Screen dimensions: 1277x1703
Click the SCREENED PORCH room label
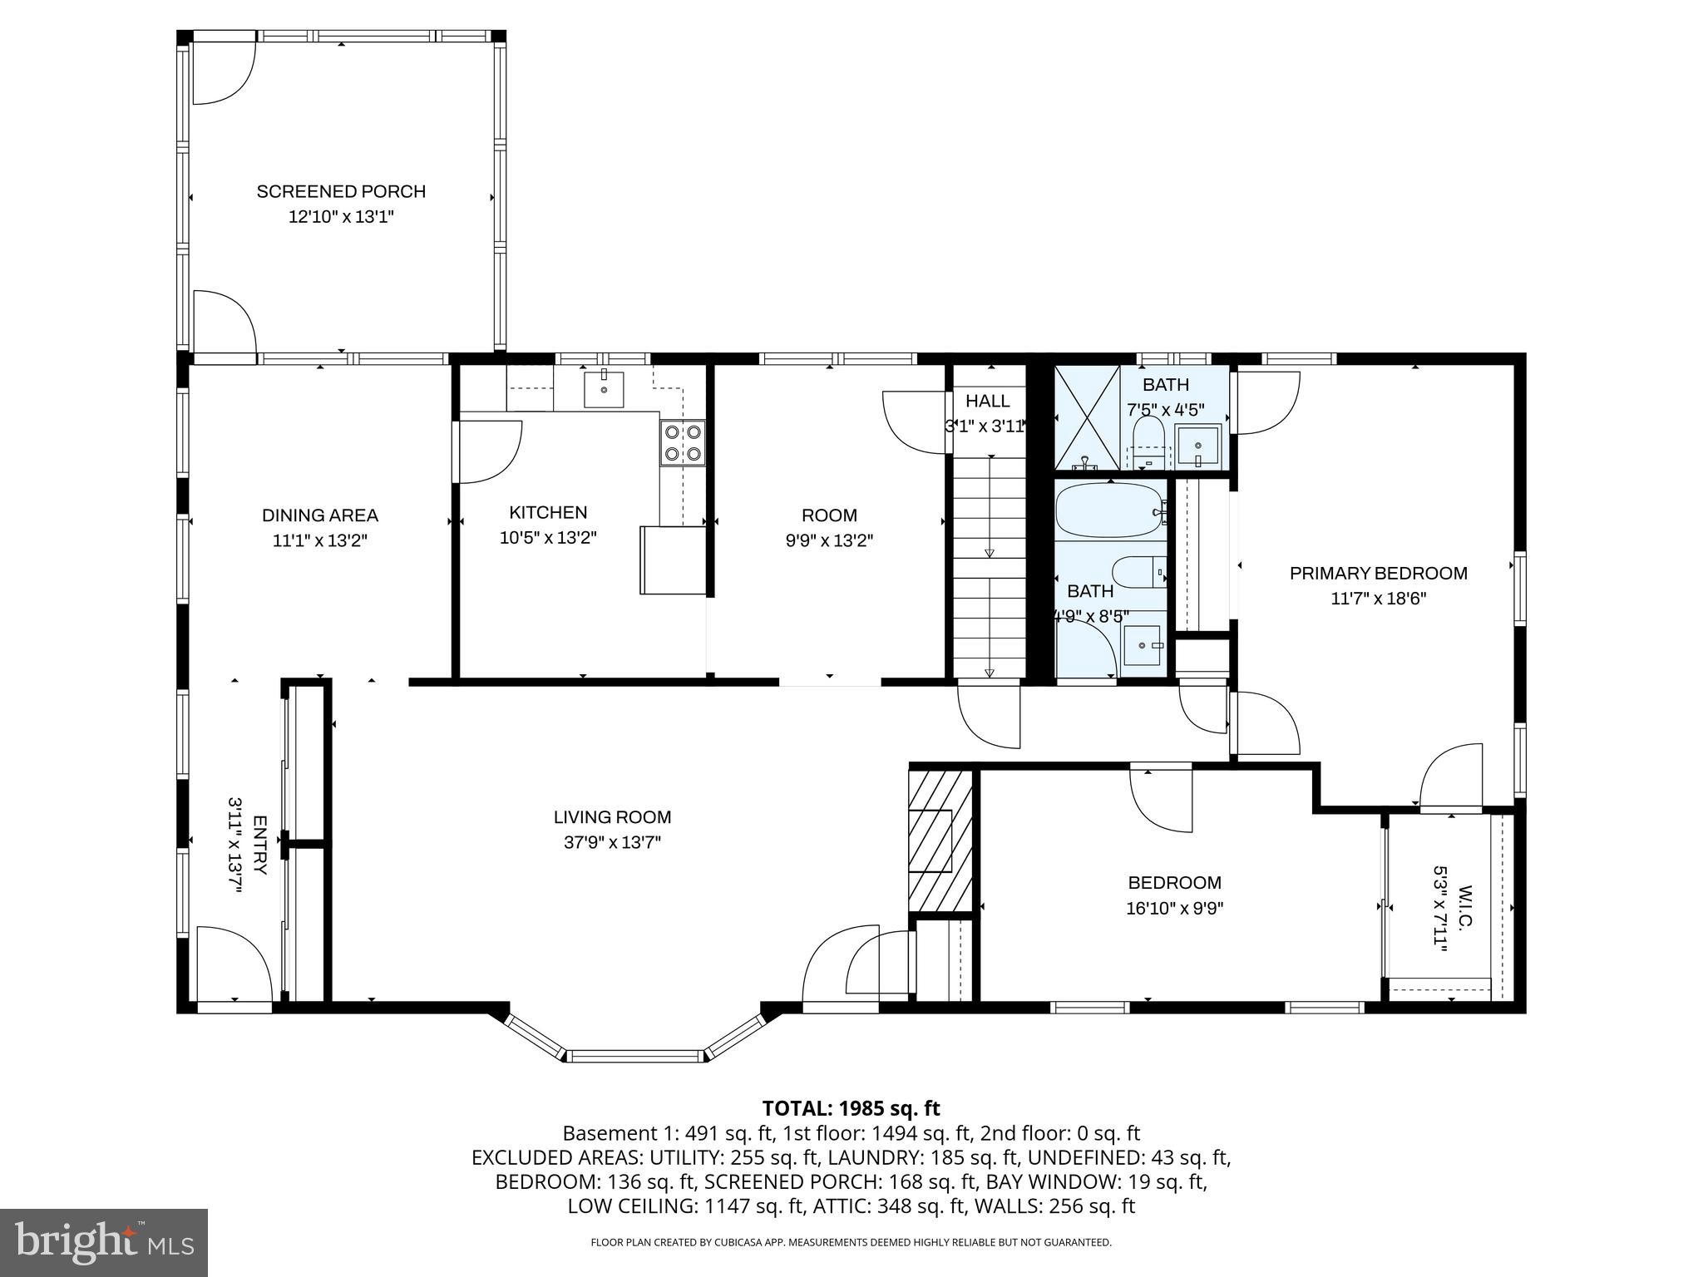tap(341, 191)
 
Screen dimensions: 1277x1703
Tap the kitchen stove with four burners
tap(683, 443)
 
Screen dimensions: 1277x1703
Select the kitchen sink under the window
tap(604, 389)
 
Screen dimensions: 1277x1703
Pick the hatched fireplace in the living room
tap(940, 841)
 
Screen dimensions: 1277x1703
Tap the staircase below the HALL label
tap(989, 565)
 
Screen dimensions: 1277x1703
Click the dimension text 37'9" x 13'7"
tap(612, 842)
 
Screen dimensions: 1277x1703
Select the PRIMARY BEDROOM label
tap(1378, 573)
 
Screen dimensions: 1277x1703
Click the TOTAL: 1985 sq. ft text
tap(851, 1108)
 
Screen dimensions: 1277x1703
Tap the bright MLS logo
tap(103, 1242)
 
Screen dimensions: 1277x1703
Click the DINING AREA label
tap(320, 515)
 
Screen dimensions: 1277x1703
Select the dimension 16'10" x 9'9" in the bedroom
tap(1174, 909)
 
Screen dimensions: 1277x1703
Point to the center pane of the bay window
tap(636, 1056)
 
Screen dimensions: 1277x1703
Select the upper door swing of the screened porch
tap(223, 72)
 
